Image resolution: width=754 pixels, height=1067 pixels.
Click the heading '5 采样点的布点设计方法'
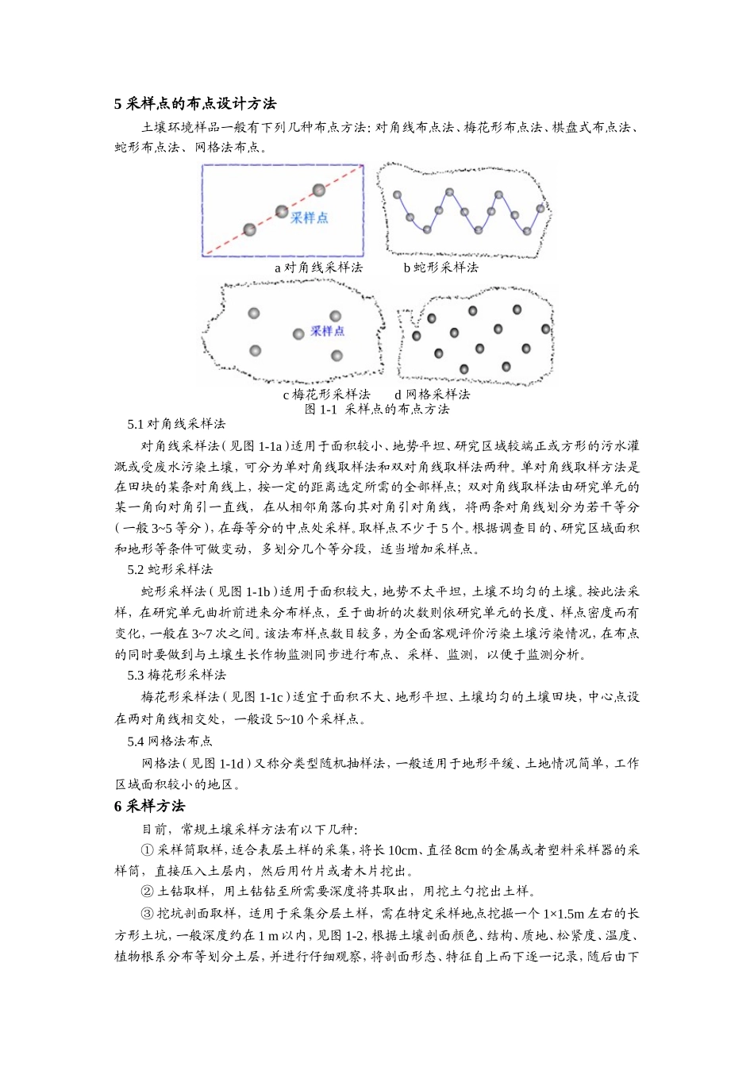coord(195,104)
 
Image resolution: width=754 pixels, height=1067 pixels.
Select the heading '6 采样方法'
coord(149,806)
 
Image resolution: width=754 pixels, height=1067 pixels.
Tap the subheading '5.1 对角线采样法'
coord(176,424)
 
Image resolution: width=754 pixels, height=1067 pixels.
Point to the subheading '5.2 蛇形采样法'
coord(170,569)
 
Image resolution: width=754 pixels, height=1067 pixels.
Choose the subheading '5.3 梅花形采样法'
coord(176,675)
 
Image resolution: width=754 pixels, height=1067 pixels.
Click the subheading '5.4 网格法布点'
coord(170,741)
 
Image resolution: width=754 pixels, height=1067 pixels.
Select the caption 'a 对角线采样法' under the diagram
coord(318,268)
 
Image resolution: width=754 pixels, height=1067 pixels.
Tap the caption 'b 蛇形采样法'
coord(440,268)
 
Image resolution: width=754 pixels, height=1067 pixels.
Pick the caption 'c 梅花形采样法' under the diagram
coord(326,394)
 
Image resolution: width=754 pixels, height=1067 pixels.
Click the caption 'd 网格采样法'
coord(432,394)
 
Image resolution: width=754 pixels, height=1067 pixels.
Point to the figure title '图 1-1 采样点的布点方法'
coord(377,409)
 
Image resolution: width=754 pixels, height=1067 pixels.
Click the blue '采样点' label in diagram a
coord(309,218)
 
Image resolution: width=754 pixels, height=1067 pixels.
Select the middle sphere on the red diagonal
coord(282,211)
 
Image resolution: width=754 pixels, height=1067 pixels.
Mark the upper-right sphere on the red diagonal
coord(319,190)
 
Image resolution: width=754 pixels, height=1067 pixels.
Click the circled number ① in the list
coord(147,850)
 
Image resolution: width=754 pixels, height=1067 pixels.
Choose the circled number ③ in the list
coord(147,913)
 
